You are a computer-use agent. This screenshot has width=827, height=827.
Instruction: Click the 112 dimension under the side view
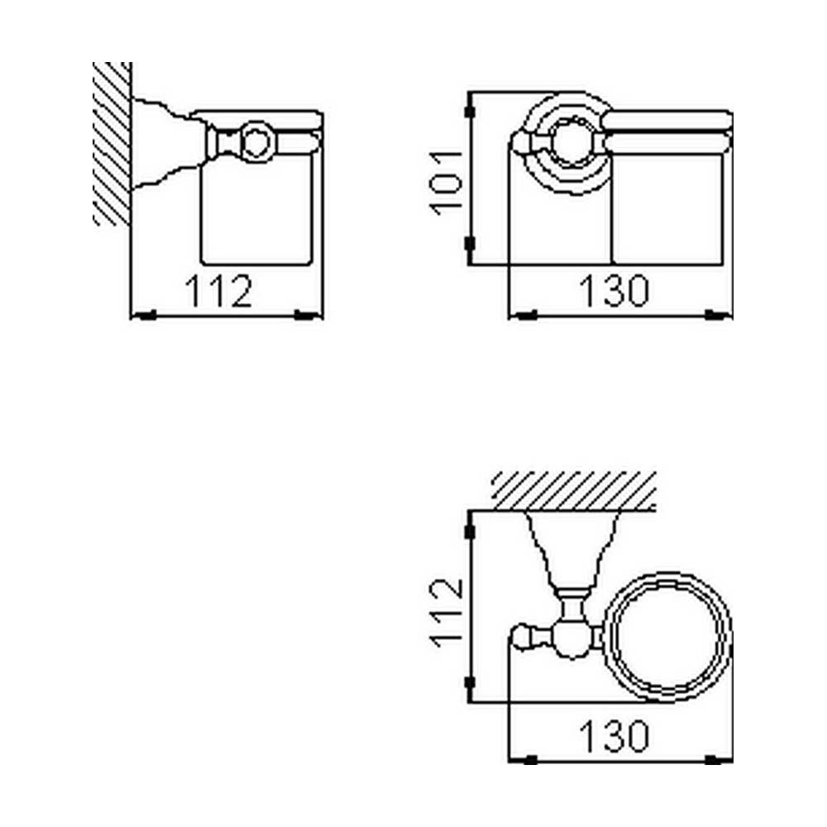click(219, 290)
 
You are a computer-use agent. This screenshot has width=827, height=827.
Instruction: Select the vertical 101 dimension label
click(446, 183)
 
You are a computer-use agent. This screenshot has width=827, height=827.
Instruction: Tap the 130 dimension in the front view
click(614, 290)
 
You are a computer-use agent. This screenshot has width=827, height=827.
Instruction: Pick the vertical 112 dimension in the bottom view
click(447, 612)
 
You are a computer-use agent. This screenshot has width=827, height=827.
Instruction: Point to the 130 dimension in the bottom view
click(614, 735)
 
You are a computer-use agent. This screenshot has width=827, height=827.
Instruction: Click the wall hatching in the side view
click(112, 143)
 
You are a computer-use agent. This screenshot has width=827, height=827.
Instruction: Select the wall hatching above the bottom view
click(574, 491)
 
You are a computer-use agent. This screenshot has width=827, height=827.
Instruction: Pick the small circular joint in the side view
click(258, 142)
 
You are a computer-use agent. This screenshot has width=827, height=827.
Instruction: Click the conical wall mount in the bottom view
click(573, 550)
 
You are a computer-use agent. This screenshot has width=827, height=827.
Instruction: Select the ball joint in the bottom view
click(571, 638)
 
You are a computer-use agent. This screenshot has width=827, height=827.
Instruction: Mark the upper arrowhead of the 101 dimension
click(470, 112)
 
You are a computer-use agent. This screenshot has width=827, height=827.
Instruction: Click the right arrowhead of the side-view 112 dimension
click(304, 315)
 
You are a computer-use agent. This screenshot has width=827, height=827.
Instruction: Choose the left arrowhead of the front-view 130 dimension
click(526, 315)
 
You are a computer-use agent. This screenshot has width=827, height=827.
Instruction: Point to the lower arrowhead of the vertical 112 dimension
click(470, 683)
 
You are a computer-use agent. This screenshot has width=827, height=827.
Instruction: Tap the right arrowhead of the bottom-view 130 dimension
click(713, 760)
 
